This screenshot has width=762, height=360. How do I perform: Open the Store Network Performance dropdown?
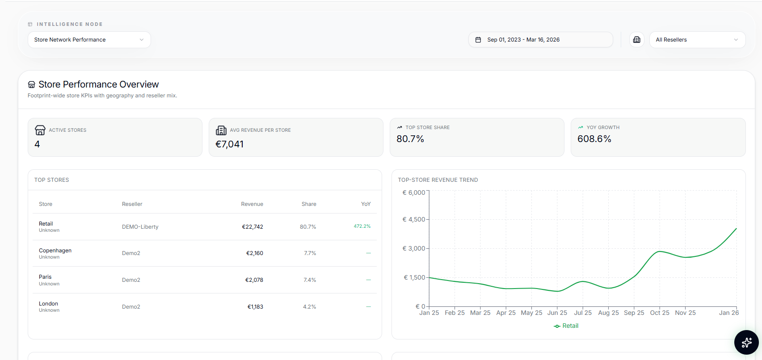point(89,40)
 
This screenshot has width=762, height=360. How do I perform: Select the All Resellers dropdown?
point(697,40)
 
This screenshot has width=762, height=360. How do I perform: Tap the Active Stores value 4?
point(37,144)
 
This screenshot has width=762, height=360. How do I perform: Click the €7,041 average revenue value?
point(229,144)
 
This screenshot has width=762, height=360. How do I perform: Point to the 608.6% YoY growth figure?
point(594,139)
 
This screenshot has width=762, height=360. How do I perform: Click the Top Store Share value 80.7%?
point(410,139)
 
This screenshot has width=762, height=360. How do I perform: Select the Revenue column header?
point(252,204)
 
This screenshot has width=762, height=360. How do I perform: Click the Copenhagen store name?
point(55,251)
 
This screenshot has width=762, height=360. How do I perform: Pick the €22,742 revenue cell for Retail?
point(253,227)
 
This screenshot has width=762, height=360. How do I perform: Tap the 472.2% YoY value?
point(362,226)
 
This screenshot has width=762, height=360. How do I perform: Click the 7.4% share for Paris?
point(310,280)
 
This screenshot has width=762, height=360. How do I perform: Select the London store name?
point(48,304)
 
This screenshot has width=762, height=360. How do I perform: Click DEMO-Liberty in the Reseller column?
point(140,227)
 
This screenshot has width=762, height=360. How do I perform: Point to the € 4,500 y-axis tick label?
point(414,219)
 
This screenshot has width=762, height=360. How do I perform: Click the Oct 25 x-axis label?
point(659,313)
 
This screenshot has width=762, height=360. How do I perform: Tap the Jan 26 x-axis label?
point(728,313)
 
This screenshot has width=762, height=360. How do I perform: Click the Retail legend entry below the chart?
point(566,326)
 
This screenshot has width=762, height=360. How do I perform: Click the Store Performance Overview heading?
point(98,84)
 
